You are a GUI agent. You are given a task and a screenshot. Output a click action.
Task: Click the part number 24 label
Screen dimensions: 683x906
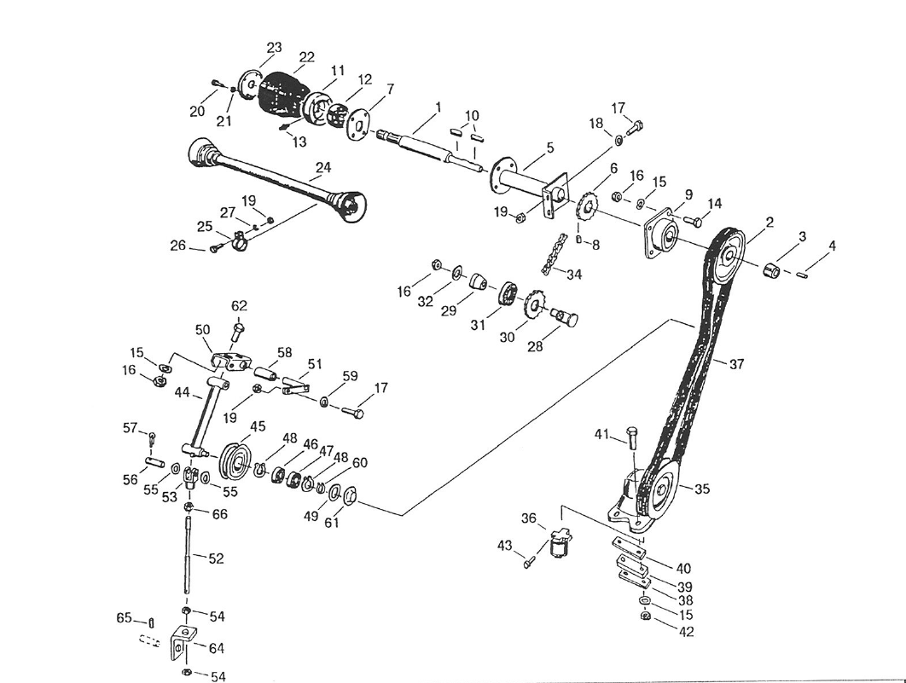[322, 168]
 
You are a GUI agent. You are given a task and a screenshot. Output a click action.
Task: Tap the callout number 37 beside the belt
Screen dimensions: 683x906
[737, 364]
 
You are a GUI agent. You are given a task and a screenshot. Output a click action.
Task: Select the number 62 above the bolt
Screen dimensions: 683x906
[239, 306]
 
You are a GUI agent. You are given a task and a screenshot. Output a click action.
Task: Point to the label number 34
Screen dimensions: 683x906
[574, 275]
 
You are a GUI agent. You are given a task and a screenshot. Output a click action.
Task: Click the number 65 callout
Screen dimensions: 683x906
[125, 617]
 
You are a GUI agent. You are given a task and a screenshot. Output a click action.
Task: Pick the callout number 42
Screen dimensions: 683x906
[686, 632]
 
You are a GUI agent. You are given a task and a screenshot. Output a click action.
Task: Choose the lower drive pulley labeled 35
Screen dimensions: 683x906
[662, 488]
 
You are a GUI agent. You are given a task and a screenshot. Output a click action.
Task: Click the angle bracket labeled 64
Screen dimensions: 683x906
[182, 645]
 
